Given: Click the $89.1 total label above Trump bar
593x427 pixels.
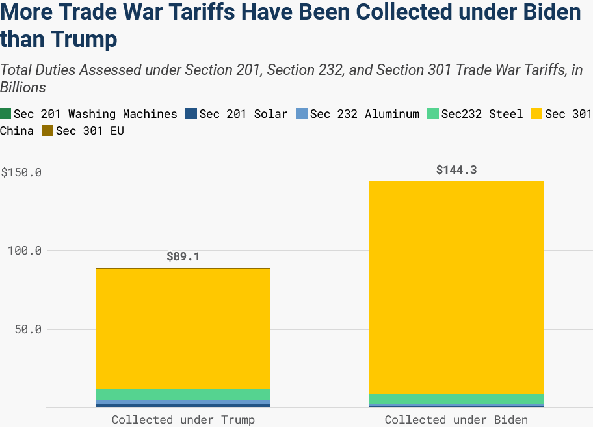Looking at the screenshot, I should [x=183, y=256].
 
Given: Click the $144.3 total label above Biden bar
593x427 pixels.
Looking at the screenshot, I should [x=456, y=170].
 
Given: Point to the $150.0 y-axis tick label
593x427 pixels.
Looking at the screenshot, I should [x=21, y=172].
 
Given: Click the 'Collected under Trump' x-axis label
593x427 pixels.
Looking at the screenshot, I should [x=183, y=419].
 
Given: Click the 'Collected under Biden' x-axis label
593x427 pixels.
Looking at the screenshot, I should [x=456, y=419].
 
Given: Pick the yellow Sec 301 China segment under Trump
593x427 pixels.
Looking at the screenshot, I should [x=183, y=329].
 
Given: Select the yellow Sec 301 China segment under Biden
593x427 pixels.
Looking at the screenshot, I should [x=456, y=286].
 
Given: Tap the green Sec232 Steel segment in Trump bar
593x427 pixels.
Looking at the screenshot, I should [x=183, y=394].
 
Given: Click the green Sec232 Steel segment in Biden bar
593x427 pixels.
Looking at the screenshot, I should [x=456, y=398].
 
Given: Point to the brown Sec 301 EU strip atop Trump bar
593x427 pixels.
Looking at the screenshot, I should [x=183, y=268].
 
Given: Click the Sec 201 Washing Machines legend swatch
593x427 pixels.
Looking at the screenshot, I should [x=6, y=114].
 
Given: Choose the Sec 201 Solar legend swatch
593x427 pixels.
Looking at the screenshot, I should [x=191, y=114].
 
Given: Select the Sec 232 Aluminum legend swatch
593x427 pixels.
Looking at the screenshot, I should [x=302, y=114].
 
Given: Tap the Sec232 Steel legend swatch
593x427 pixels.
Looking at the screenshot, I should [x=432, y=114].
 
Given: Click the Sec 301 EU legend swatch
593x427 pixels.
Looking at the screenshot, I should [x=47, y=131].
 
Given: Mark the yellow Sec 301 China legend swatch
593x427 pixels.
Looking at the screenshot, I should [x=536, y=114].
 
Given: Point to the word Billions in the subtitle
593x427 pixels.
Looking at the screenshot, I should [x=23, y=87].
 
